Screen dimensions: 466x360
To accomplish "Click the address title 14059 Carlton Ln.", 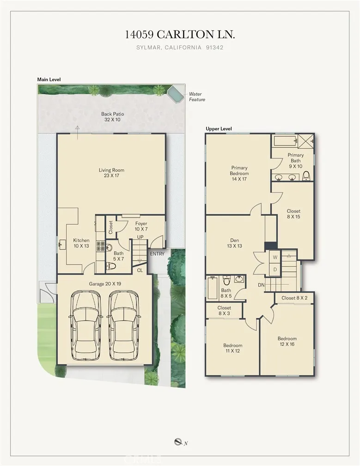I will [180, 35].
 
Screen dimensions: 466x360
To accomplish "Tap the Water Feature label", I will [196, 97].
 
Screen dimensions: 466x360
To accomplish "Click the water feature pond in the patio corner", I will [176, 94].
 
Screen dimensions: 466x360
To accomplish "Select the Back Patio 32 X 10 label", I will [112, 116].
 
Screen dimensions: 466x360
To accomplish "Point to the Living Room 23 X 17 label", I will [111, 173].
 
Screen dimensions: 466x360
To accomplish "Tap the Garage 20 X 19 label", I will [104, 283].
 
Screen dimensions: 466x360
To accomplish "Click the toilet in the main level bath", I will [110, 266].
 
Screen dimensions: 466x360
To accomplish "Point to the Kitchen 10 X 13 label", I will [81, 243].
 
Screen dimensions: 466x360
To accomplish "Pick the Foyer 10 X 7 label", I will [141, 227].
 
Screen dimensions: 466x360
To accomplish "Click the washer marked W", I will [275, 257].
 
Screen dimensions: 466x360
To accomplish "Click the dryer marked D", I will [275, 269].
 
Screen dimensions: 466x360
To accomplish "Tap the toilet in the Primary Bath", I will [306, 176].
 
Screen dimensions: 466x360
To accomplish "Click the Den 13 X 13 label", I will [234, 243].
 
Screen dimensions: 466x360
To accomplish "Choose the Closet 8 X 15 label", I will [293, 214].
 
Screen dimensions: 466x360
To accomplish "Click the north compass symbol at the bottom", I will [178, 443].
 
